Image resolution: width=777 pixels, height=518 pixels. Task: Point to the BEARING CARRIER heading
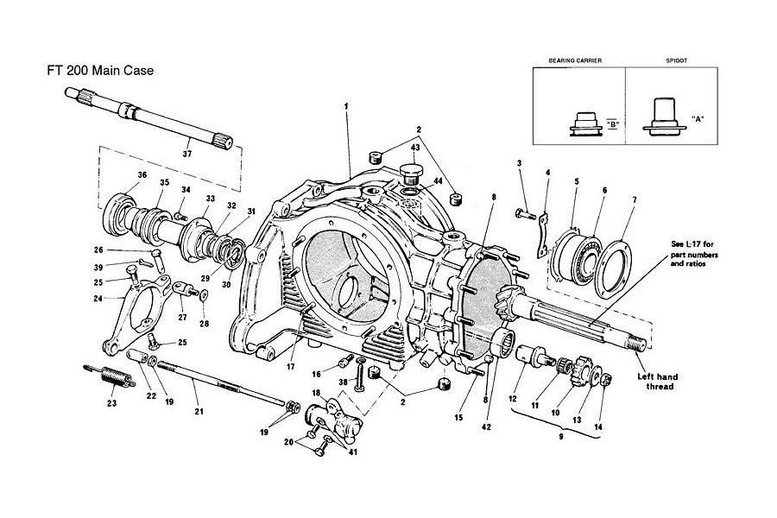(575, 61)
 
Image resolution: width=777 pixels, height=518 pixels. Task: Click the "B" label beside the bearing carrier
(612, 123)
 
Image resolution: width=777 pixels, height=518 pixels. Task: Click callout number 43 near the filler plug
(415, 148)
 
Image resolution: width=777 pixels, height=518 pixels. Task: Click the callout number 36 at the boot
(118, 175)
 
